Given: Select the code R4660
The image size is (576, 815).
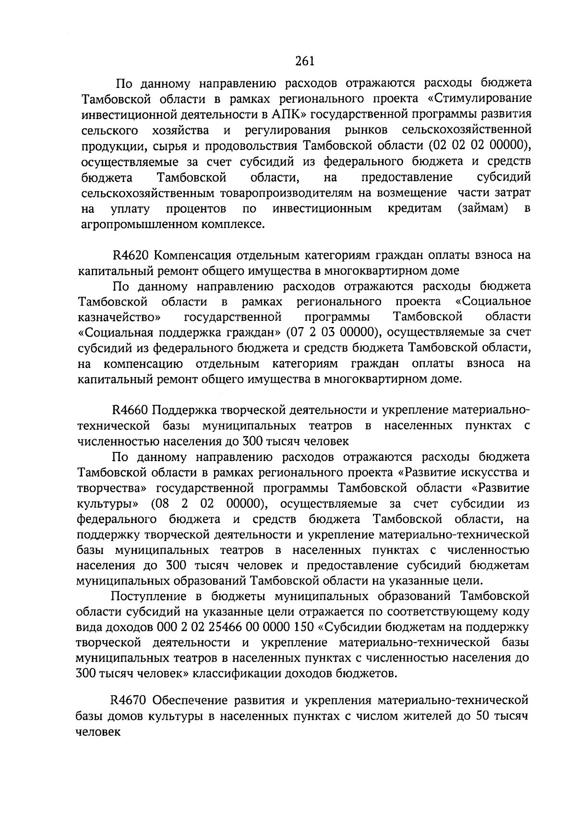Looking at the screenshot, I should [x=131, y=410].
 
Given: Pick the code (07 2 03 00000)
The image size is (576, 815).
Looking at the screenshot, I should [x=331, y=332].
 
